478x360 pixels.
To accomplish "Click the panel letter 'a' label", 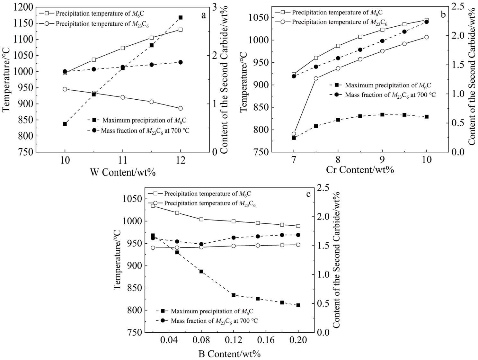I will (x=203, y=15).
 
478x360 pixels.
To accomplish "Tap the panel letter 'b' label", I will (x=443, y=14).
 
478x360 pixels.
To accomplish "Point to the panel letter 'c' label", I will (x=308, y=194).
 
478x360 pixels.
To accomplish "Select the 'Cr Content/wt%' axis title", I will (x=360, y=169).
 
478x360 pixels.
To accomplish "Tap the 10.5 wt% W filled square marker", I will (x=94, y=94).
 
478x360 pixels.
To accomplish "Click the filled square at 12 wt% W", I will (x=181, y=17).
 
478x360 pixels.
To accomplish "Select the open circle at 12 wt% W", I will (x=181, y=109).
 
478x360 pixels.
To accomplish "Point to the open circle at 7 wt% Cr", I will (x=294, y=134).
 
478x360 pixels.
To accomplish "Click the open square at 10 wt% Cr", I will (x=427, y=20).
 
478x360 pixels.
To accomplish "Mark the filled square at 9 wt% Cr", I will (x=382, y=114).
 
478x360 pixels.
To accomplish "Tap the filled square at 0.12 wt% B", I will (x=234, y=295).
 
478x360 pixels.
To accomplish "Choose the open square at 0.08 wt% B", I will (x=201, y=219).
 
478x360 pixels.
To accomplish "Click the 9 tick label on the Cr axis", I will (x=382, y=160).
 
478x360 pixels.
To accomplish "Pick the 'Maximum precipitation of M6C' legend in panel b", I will (x=387, y=85).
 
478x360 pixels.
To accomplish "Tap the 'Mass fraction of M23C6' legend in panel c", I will (x=214, y=321).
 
